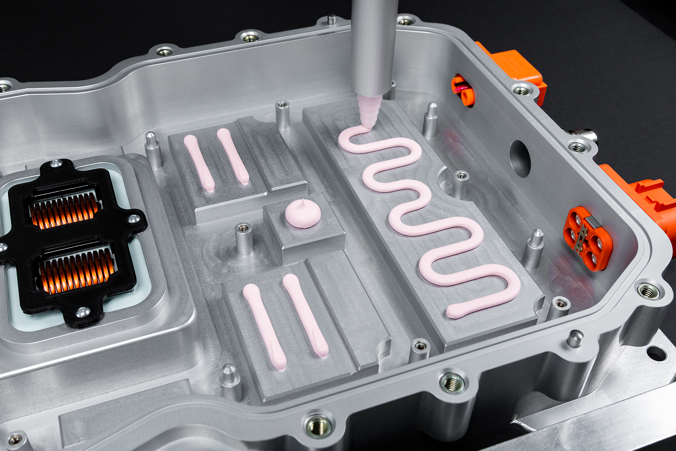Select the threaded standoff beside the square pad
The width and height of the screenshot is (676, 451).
point(243,239)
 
